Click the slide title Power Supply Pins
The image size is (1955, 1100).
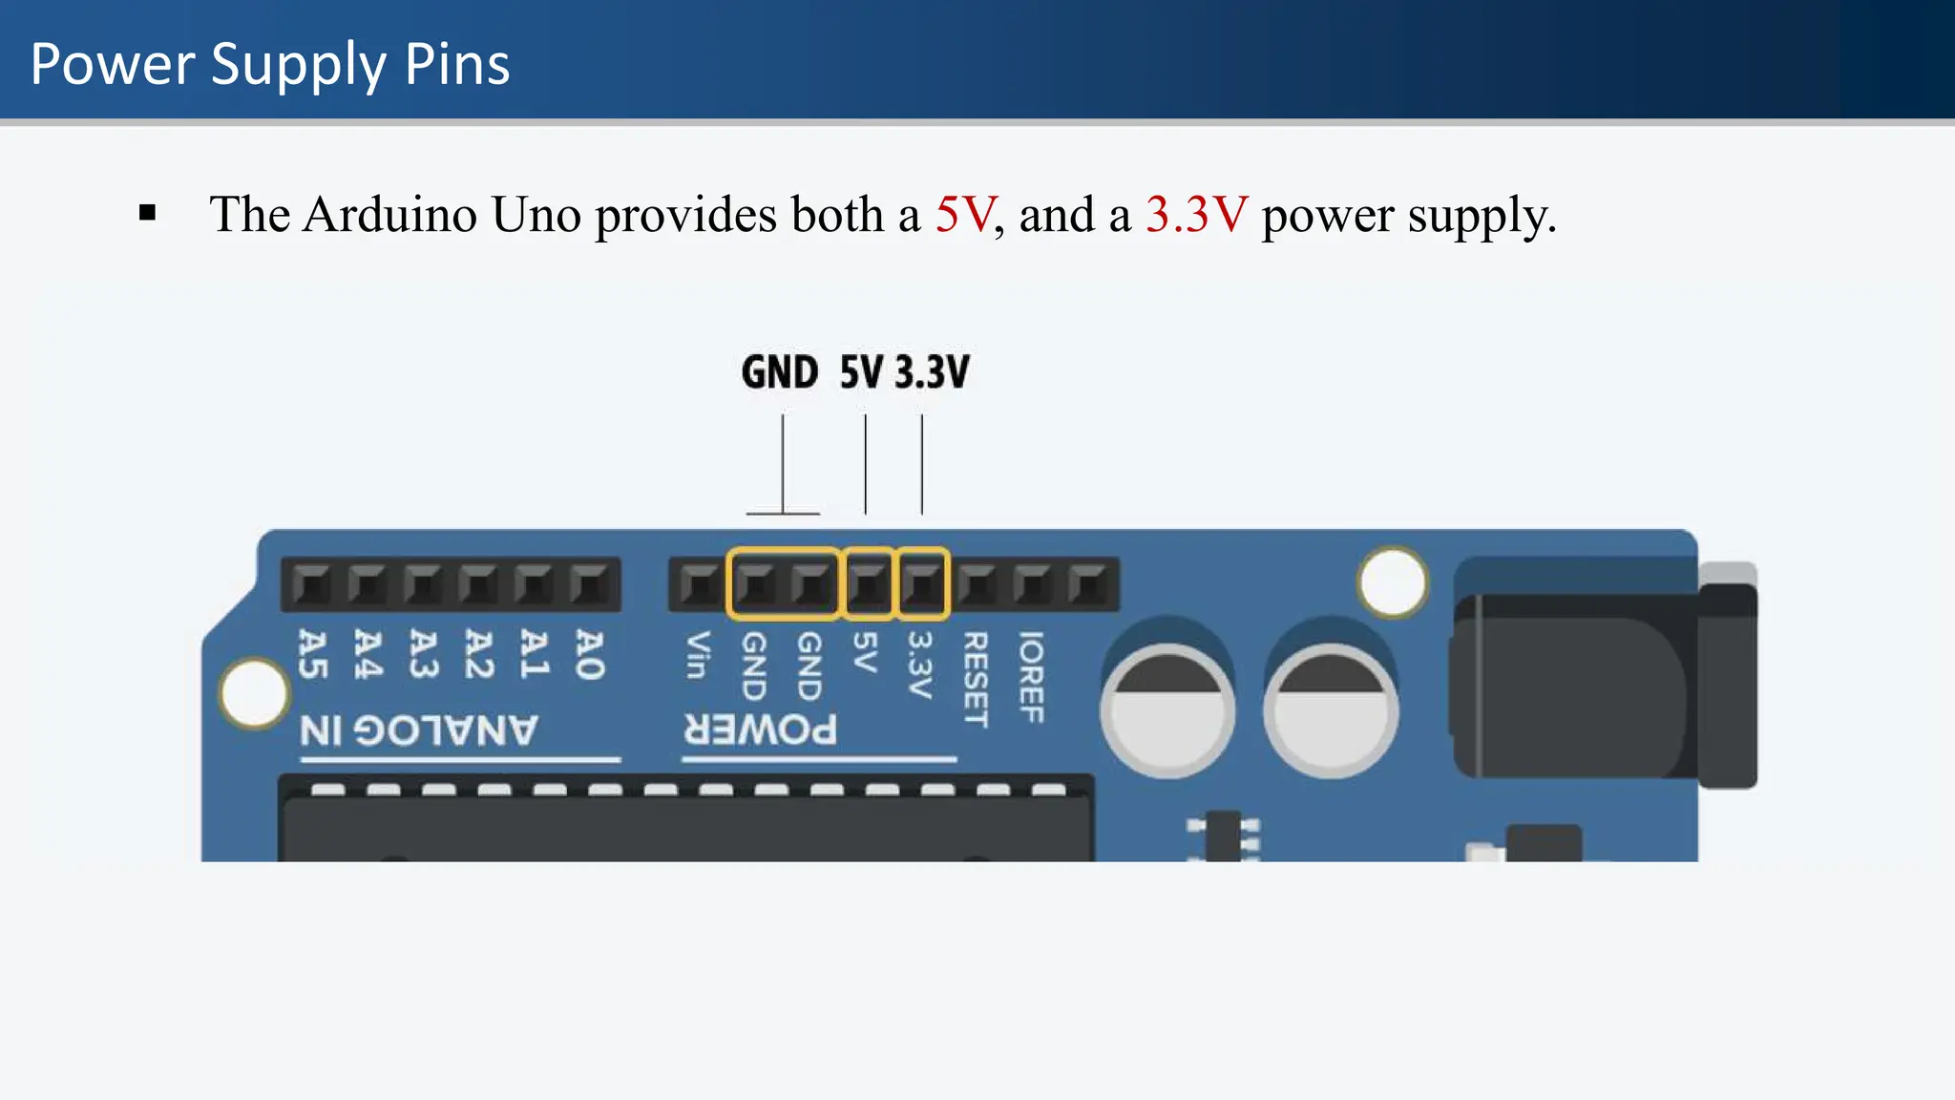coord(270,64)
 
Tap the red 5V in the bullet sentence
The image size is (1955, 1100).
coord(965,214)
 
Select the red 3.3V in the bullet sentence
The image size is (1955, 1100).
coord(1196,214)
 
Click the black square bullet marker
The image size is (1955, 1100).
coord(147,213)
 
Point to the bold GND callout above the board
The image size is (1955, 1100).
coord(779,372)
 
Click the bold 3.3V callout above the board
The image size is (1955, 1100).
coord(933,372)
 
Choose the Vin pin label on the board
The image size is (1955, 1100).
coord(698,655)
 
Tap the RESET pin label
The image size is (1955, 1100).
coord(975,679)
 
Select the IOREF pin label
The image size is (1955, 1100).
coord(1031,676)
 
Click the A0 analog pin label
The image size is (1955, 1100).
coord(589,655)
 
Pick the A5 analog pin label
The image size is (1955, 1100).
coord(312,655)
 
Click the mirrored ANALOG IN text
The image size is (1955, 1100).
coord(419,731)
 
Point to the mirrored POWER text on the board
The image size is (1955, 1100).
coord(761,730)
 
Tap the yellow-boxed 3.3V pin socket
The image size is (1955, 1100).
coord(923,583)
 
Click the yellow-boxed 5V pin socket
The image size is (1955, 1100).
coord(867,583)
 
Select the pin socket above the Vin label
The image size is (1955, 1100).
coord(700,583)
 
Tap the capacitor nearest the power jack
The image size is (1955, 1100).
coord(1331,710)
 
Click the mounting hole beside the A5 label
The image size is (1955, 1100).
coord(254,693)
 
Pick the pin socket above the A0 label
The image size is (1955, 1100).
coord(589,583)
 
